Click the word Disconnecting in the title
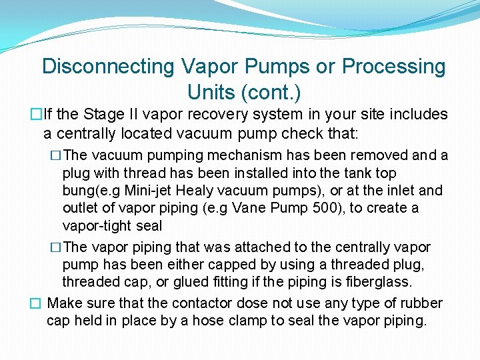(108, 67)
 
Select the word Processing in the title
(393, 67)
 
